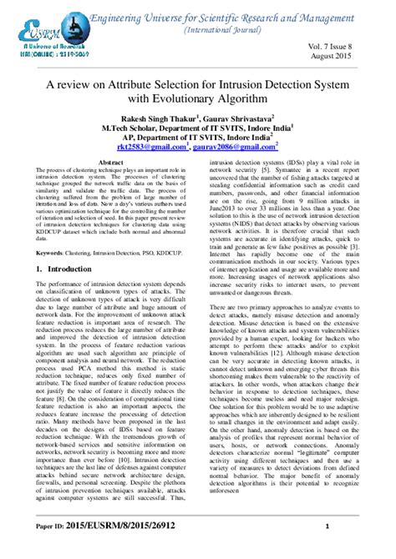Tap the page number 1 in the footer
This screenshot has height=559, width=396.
point(327,548)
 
